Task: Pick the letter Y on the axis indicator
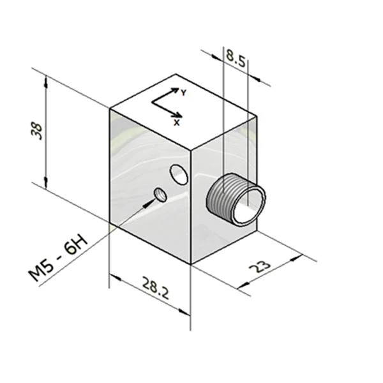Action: point(183,93)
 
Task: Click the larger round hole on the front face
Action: point(179,174)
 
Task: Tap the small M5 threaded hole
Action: point(161,195)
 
